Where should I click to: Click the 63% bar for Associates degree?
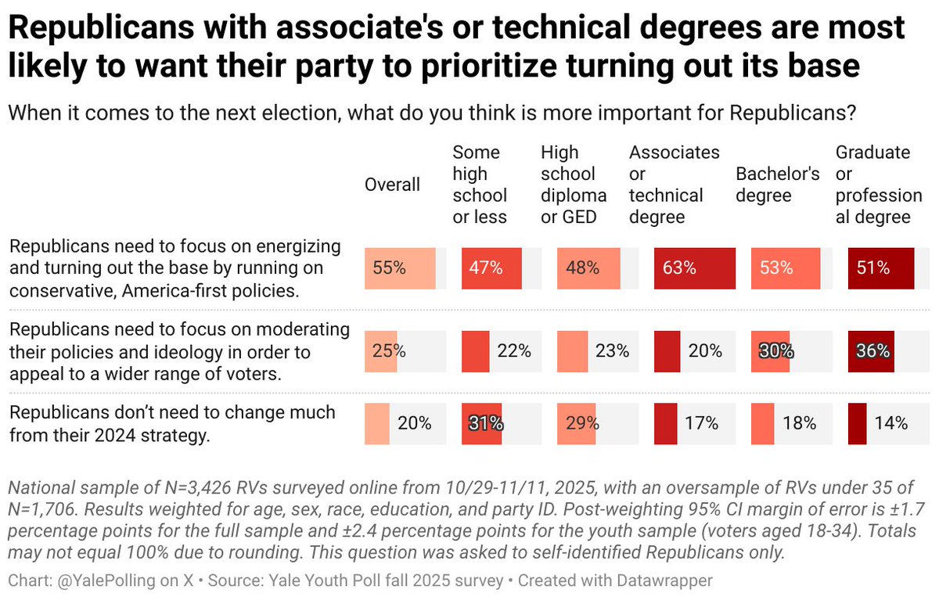pyautogui.click(x=694, y=268)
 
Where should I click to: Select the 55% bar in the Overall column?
pyautogui.click(x=400, y=268)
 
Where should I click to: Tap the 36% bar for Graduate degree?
pyautogui.click(x=871, y=351)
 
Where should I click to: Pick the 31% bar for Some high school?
pyautogui.click(x=481, y=424)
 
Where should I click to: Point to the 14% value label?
pyautogui.click(x=891, y=424)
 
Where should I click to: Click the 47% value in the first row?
pyautogui.click(x=486, y=268)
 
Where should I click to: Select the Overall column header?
pyautogui.click(x=392, y=185)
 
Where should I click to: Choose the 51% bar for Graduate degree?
pyautogui.click(x=880, y=268)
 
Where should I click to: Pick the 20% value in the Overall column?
pyautogui.click(x=414, y=424)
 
